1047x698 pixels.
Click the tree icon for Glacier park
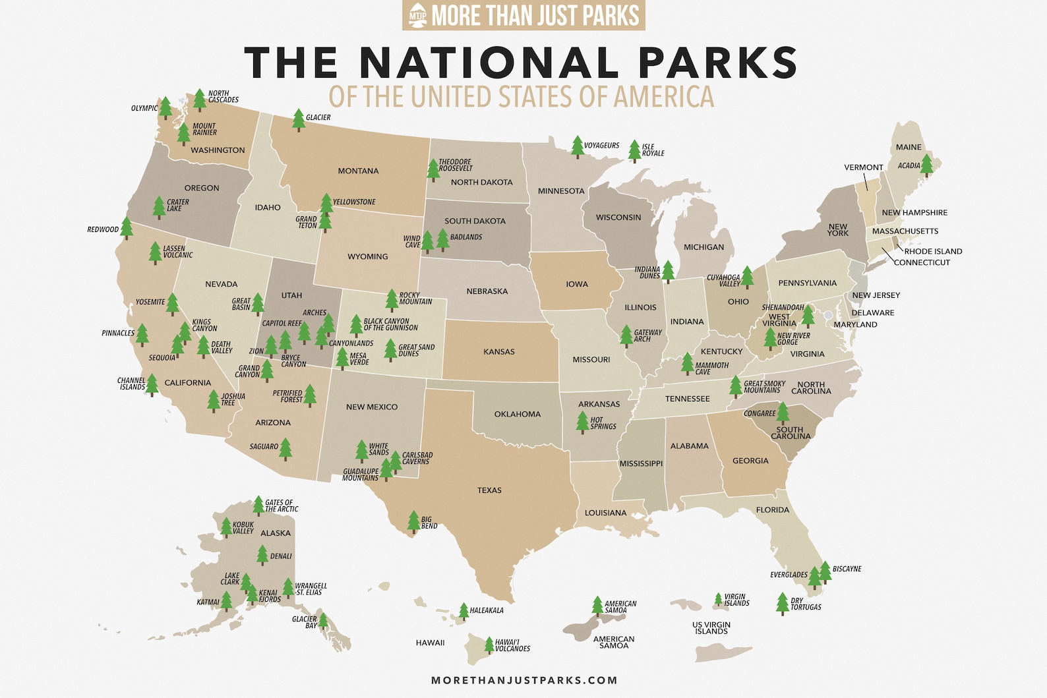pos(299,120)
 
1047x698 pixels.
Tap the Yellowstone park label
pos(354,202)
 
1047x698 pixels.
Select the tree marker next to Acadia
pos(926,165)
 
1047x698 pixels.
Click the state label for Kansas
pos(498,352)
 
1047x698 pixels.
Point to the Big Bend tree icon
pos(413,521)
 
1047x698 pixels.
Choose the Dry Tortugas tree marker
pos(783,603)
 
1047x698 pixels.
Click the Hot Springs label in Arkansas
pos(603,423)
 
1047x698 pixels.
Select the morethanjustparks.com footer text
pos(524,680)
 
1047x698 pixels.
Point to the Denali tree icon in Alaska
pos(262,555)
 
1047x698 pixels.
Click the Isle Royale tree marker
pos(634,151)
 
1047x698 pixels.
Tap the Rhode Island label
pos(932,251)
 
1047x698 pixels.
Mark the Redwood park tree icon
pos(127,228)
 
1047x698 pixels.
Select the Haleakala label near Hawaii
pos(487,610)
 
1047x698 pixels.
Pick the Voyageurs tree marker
pos(578,147)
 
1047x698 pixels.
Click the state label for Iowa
pos(576,284)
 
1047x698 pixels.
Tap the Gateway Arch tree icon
pos(626,335)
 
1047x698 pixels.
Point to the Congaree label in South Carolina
pos(760,414)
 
